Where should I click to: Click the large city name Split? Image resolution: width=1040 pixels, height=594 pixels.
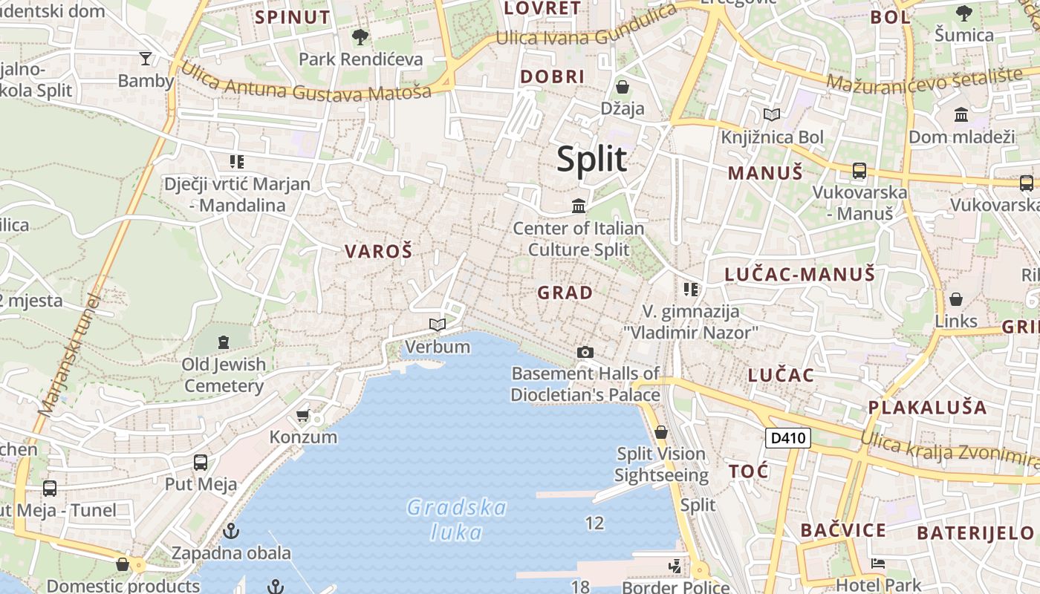[x=591, y=159]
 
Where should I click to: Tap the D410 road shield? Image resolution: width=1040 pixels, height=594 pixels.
[x=787, y=438]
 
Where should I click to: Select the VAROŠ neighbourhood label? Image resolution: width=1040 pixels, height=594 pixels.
[x=378, y=252]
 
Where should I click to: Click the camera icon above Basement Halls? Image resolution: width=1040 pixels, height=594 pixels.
[x=585, y=352]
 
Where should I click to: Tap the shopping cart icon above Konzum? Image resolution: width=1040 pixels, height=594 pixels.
[x=302, y=415]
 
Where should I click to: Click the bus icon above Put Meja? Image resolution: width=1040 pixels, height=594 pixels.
[x=201, y=463]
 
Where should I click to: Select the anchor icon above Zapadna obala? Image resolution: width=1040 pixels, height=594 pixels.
[x=232, y=531]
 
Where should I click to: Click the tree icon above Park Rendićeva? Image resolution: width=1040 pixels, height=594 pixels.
[x=360, y=36]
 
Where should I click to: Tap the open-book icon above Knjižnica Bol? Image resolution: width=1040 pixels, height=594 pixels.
[x=773, y=115]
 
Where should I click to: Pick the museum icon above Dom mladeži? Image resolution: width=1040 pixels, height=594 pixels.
[x=961, y=115]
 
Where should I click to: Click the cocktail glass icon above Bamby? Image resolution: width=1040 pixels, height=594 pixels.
[x=146, y=59]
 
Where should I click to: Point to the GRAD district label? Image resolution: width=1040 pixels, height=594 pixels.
[x=565, y=293]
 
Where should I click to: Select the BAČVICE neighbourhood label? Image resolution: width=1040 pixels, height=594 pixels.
[x=843, y=530]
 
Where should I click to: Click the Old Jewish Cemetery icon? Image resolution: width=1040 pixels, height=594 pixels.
[x=224, y=342]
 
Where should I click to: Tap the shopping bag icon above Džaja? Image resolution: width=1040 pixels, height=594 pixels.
[x=623, y=87]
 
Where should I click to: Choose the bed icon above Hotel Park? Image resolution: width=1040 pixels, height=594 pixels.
[x=878, y=564]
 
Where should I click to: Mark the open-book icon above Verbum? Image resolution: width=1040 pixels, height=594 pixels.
[x=438, y=324]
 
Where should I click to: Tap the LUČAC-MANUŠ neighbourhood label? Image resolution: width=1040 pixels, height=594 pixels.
[x=800, y=275]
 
